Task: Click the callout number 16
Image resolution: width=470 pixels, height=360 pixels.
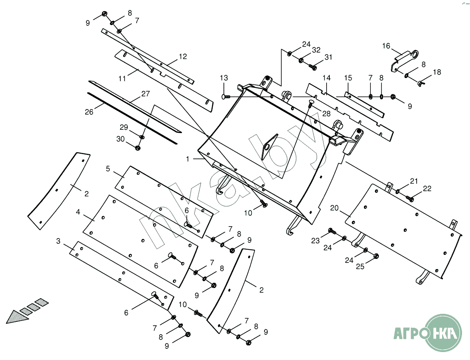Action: click(x=386, y=46)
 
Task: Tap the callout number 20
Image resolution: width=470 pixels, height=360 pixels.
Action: click(x=334, y=208)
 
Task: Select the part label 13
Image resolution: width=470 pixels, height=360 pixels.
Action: click(x=224, y=77)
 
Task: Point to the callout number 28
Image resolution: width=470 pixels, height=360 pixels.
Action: click(x=326, y=113)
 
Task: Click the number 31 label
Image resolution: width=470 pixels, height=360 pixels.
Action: click(x=328, y=57)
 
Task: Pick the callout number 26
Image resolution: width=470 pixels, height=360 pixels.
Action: click(x=89, y=112)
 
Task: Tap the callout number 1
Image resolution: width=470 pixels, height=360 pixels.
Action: click(x=187, y=158)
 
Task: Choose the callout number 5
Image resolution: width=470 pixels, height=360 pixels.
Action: click(x=108, y=168)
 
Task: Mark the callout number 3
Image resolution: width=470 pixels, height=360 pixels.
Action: click(x=59, y=241)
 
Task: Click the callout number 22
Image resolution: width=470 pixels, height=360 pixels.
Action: click(x=427, y=189)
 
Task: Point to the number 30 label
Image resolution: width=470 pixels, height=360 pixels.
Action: click(x=120, y=139)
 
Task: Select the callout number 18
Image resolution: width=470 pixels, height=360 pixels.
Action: click(x=437, y=72)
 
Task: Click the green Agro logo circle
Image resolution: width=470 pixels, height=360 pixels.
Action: click(x=444, y=332)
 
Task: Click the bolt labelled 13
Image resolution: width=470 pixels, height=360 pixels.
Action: click(x=225, y=96)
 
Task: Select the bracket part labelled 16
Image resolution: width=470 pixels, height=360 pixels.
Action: click(x=404, y=59)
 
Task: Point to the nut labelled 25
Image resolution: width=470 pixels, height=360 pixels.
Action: click(x=376, y=256)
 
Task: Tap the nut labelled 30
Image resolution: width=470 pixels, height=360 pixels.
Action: click(x=138, y=148)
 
